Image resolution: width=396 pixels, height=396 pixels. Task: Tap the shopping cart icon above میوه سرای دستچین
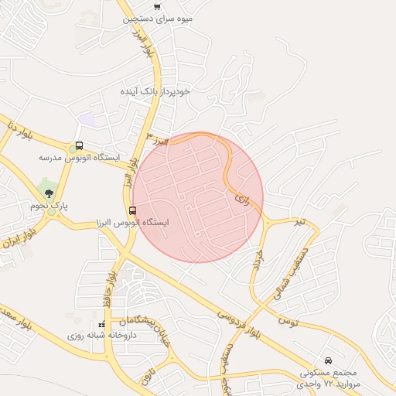coord(158,6)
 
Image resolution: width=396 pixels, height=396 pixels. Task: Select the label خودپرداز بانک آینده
coord(166,91)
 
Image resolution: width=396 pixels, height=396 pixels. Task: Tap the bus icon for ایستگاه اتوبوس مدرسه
coord(80,145)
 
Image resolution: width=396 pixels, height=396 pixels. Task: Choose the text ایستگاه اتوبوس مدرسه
coord(80,157)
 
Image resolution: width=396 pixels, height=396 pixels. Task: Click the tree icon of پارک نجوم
coord(49,194)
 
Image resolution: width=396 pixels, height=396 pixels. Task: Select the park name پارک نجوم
coord(49,206)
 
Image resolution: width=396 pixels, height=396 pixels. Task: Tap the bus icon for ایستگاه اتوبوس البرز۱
coord(133,210)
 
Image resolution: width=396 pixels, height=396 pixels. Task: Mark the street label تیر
coord(299,222)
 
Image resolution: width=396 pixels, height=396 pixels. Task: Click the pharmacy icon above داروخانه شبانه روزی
coord(103,325)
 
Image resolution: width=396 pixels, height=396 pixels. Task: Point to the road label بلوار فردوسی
coord(241,323)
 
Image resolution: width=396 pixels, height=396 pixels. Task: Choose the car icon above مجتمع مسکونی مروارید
coord(329,360)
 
